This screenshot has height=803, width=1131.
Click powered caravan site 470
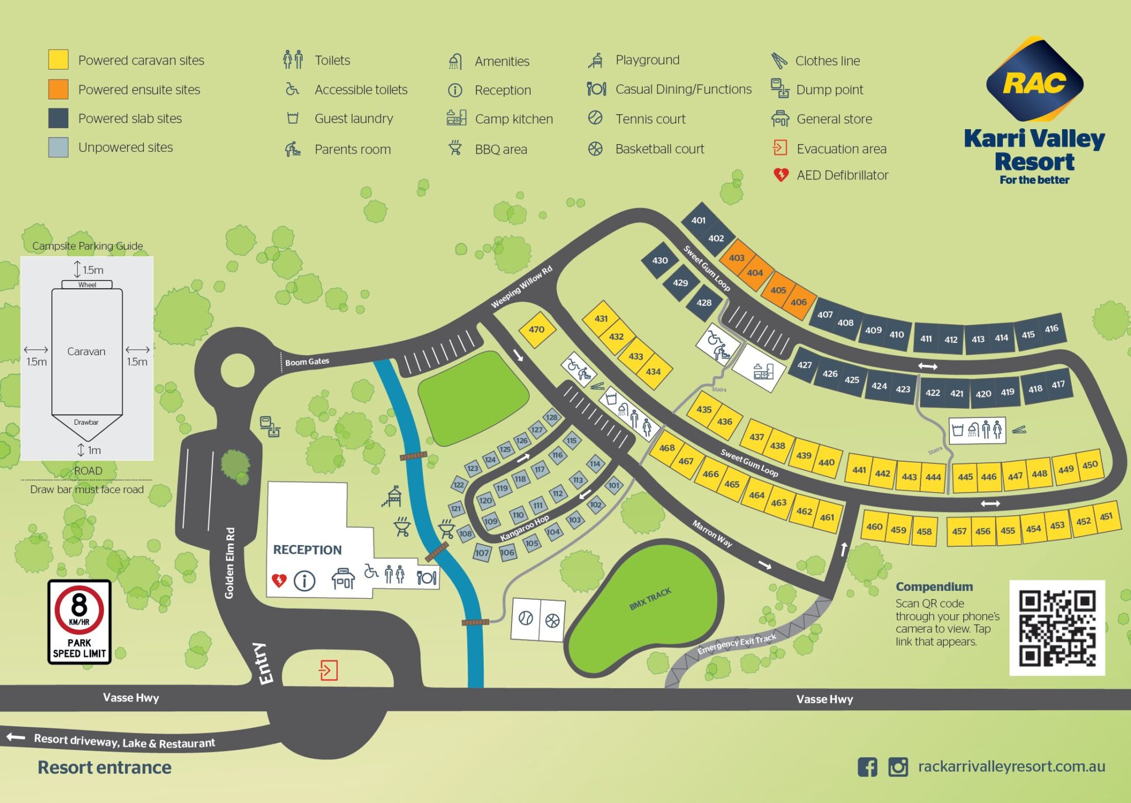click(x=536, y=330)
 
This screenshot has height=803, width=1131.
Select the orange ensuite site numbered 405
click(x=778, y=290)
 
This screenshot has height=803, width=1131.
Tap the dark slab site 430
click(x=659, y=260)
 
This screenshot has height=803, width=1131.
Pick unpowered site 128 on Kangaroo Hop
click(x=551, y=417)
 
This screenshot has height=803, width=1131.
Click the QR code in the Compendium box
click(x=1056, y=628)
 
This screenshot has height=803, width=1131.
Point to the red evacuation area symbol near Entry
click(x=328, y=670)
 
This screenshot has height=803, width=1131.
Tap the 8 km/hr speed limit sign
click(x=80, y=622)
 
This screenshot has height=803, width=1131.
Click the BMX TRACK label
click(x=650, y=599)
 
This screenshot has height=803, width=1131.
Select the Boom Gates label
click(x=307, y=362)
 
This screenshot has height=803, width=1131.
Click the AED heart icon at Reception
click(x=279, y=580)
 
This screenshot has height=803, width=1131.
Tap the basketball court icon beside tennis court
click(x=552, y=620)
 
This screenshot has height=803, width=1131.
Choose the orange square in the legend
click(x=58, y=89)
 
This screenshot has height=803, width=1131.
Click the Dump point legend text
click(x=829, y=89)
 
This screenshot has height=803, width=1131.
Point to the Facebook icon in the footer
click(x=867, y=767)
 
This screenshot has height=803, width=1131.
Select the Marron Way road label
click(x=712, y=533)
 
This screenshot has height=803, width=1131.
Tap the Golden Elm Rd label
click(x=230, y=563)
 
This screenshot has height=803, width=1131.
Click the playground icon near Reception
click(x=392, y=496)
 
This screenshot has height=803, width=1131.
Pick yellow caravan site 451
click(x=1106, y=517)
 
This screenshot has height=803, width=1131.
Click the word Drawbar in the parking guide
click(x=86, y=422)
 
